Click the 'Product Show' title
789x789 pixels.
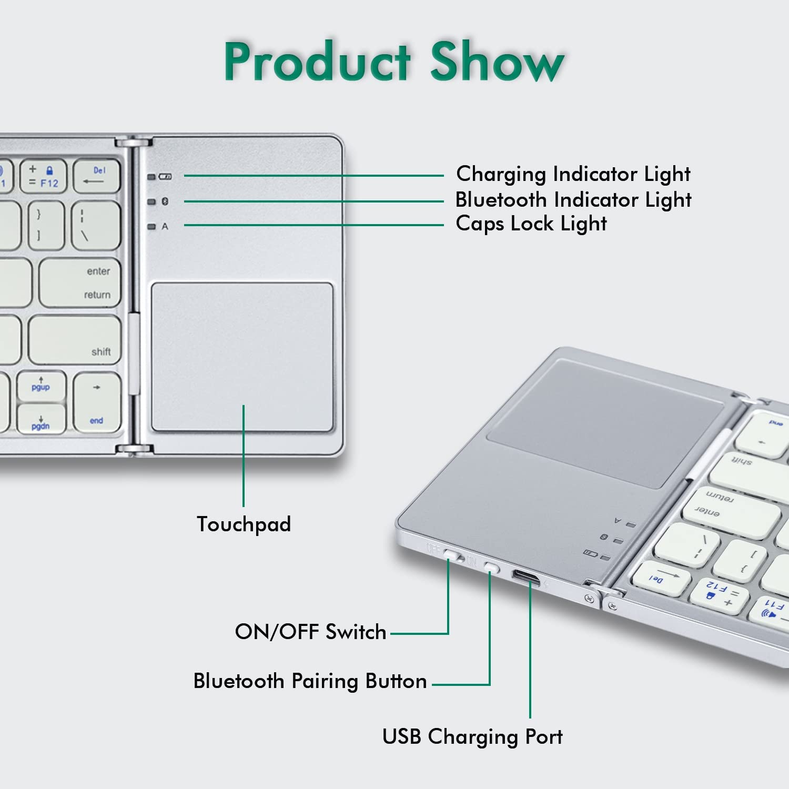pyautogui.click(x=394, y=62)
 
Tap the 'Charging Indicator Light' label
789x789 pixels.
pyautogui.click(x=573, y=174)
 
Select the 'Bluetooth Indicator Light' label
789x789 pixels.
pyautogui.click(x=573, y=200)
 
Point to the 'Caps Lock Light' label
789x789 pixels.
pyautogui.click(x=531, y=224)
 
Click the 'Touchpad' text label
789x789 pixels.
pyautogui.click(x=244, y=524)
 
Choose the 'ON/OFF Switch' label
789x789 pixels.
pyautogui.click(x=310, y=632)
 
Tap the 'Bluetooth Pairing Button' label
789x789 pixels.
pyautogui.click(x=310, y=681)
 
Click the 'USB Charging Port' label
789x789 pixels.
pyautogui.click(x=472, y=736)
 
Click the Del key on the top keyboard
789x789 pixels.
pyautogui.click(x=96, y=176)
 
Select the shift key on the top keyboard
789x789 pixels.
pyautogui.click(x=75, y=340)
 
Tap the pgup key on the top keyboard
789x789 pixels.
pyautogui.click(x=41, y=387)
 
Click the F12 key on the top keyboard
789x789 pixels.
pyautogui.click(x=43, y=176)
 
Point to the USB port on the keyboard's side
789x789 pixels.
pyautogui.click(x=526, y=578)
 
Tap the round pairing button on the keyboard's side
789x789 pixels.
pyautogui.click(x=492, y=567)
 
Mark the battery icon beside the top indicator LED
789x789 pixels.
pyautogui.click(x=166, y=177)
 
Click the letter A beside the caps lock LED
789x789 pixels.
pyautogui.click(x=165, y=227)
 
